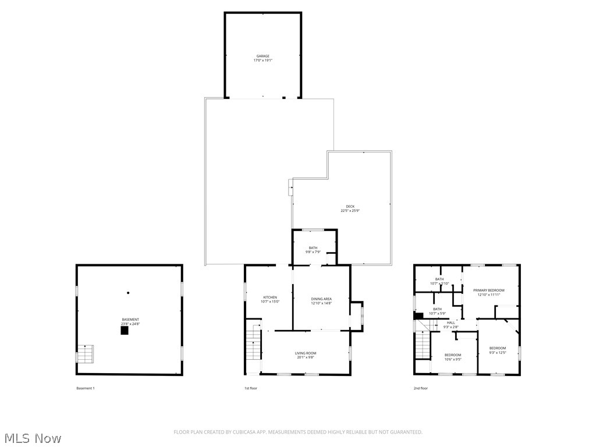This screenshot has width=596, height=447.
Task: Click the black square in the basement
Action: coord(124,330)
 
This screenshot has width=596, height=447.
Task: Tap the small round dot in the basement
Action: coord(128,293)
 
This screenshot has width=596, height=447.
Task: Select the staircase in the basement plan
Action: coord(86,353)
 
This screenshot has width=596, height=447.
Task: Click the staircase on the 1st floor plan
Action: coord(253,345)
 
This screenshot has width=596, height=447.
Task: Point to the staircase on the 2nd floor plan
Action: coord(423,346)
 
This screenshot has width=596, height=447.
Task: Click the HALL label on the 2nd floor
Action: coord(451,322)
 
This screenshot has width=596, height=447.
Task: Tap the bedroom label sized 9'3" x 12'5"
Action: coord(497,350)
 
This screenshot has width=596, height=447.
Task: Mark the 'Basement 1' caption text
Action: coord(85,388)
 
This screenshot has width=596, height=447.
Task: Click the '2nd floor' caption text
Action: coord(420,388)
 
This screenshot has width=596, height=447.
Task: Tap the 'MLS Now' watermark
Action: coord(32,438)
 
